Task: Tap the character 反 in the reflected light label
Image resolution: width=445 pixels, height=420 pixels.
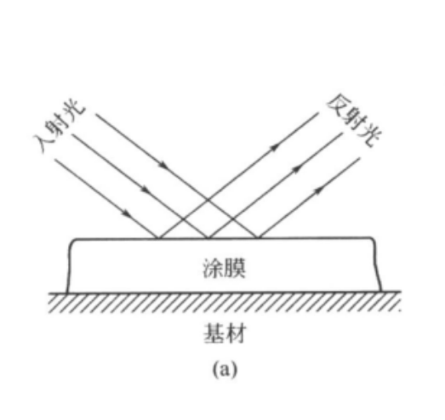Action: [339, 106]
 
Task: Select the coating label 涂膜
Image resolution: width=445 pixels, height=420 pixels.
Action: [224, 269]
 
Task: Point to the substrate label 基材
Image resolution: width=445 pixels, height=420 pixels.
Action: [225, 333]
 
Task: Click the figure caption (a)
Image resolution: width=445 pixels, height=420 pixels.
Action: [225, 369]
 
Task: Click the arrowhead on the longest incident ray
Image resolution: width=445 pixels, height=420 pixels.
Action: [163, 165]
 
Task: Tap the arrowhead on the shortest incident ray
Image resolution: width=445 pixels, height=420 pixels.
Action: [127, 213]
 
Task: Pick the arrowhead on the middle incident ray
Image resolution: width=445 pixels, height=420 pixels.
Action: [145, 190]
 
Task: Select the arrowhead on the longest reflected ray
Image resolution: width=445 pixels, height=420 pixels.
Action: [275, 148]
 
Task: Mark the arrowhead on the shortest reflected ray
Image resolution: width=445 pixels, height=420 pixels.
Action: [319, 190]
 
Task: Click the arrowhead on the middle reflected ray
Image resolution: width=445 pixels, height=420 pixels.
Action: [297, 169]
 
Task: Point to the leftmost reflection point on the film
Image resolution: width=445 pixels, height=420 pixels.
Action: [158, 238]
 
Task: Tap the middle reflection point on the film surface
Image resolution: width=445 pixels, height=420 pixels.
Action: [208, 238]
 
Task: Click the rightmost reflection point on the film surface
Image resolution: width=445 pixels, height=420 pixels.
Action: [258, 237]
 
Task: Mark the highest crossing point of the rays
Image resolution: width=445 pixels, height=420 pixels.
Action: [208, 200]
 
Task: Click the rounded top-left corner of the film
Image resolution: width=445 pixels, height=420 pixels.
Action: [73, 241]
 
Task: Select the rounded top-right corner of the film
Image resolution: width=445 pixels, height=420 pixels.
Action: [373, 240]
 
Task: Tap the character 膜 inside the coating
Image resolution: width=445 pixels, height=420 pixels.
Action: [235, 269]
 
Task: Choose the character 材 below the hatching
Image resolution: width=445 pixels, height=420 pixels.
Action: [235, 333]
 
